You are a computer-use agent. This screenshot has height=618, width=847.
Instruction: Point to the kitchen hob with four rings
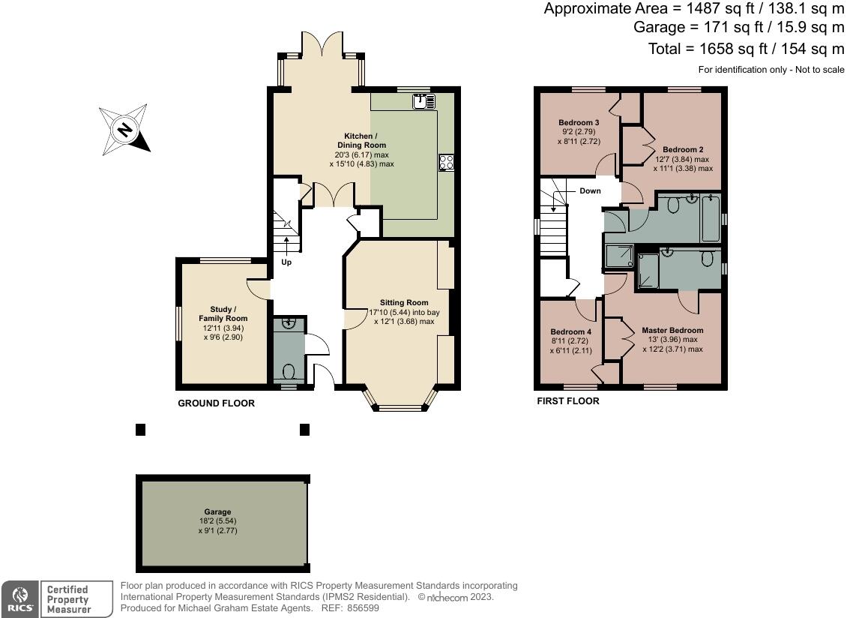point(446,161)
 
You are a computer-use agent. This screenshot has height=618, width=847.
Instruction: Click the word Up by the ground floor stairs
point(286,262)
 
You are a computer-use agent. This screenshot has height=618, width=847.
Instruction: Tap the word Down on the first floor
point(590,191)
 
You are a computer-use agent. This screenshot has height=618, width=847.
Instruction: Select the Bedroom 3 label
point(579,122)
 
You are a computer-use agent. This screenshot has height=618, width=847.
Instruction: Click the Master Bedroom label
point(672,330)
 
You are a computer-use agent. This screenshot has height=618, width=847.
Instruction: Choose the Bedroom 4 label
point(570,331)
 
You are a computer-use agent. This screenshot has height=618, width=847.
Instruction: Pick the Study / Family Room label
point(223,313)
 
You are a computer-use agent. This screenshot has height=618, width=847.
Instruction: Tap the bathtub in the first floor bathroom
point(710,217)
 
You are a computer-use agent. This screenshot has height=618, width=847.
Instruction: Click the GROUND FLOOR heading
point(216,403)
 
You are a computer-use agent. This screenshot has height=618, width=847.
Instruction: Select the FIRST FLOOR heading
point(567,401)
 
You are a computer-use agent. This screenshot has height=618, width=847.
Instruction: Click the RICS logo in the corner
point(19,598)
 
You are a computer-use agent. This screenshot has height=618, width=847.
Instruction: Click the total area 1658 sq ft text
point(746,49)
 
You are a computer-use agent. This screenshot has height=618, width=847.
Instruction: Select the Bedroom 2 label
point(683,148)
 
